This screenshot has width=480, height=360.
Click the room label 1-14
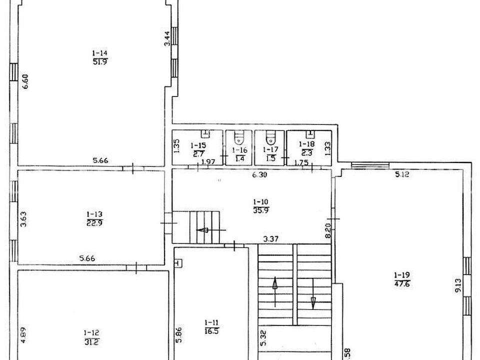[100, 53]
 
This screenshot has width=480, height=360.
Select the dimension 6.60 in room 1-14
[25, 81]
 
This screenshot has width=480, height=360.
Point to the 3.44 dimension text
[167, 38]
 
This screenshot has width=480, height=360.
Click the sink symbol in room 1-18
[310, 133]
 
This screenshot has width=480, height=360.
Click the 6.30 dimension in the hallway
[259, 175]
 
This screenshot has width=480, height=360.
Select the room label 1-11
[212, 322]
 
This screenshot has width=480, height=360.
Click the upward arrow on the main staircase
[275, 291]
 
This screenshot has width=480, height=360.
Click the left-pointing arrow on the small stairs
[211, 230]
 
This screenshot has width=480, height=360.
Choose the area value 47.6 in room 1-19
[402, 283]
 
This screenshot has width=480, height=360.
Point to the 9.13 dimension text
[458, 285]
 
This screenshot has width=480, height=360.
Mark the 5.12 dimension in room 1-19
[402, 175]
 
